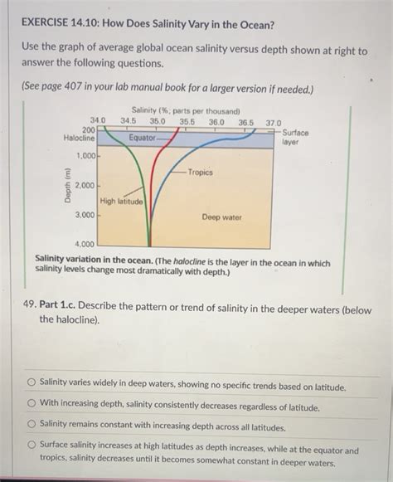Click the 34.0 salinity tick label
(98, 121)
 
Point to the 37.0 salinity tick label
(274, 122)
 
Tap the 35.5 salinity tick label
(187, 121)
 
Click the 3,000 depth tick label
(86, 215)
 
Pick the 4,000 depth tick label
(86, 244)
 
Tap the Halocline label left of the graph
(79, 138)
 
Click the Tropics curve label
(200, 173)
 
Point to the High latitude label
(121, 202)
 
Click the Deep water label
(221, 217)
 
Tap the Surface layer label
(296, 137)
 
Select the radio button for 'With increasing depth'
(31, 403)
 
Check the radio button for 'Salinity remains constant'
(31, 423)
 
